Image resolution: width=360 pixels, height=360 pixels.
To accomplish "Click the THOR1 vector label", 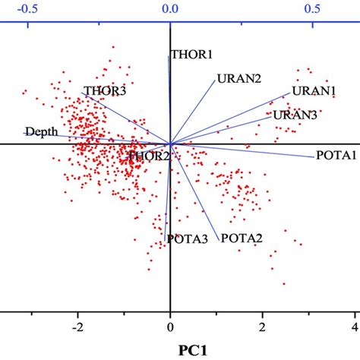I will pos(191,55).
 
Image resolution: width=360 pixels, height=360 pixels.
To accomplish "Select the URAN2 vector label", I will pos(239,78).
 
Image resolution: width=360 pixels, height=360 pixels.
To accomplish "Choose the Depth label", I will pos(41,131).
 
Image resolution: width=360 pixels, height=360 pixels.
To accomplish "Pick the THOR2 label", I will pos(149,156).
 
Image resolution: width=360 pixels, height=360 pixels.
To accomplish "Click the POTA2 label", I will pos(242,238).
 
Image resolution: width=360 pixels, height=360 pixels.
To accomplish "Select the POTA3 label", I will pos(188,239).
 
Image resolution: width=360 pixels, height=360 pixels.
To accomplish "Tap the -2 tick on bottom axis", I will pos(76,327).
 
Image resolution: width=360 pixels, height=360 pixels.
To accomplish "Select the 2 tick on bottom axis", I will pos(262,327).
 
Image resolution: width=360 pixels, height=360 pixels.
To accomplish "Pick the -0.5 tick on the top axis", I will pos(27,9).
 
